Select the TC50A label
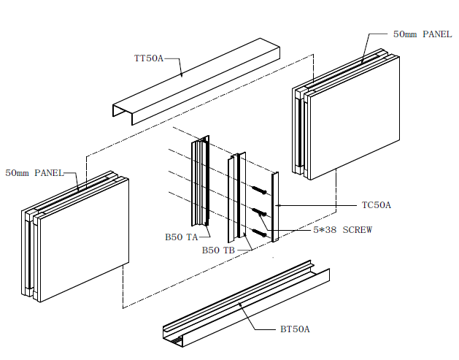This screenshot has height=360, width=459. [377, 205]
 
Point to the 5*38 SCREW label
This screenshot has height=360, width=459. [338, 230]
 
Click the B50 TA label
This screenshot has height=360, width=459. [180, 237]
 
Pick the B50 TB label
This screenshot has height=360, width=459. [217, 250]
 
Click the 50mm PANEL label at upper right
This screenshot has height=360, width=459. [421, 34]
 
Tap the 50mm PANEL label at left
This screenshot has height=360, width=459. [34, 173]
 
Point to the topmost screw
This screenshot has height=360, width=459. [261, 190]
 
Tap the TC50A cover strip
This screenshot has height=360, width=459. [276, 208]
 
